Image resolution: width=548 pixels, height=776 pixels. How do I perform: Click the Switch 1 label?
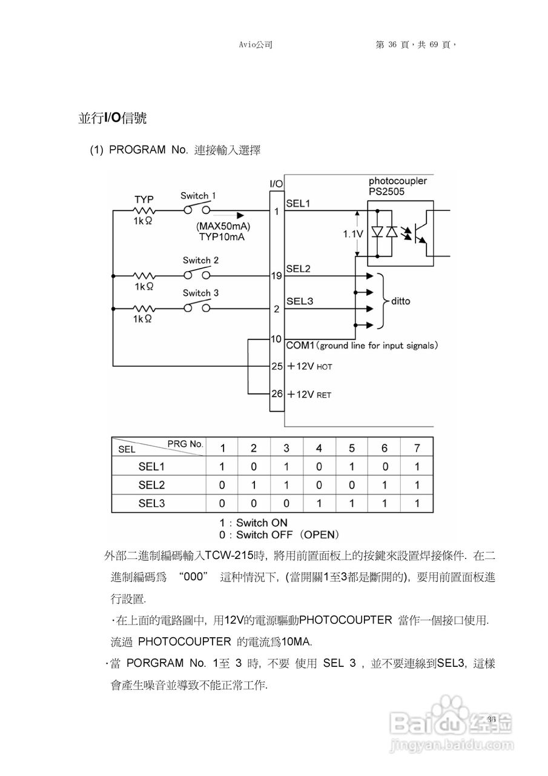pyautogui.click(x=198, y=196)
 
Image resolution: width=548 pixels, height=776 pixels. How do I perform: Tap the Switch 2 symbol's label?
pyautogui.click(x=200, y=260)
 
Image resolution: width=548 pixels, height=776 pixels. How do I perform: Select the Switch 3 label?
pyautogui.click(x=200, y=293)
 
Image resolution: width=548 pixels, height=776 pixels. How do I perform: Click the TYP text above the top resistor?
pyautogui.click(x=144, y=199)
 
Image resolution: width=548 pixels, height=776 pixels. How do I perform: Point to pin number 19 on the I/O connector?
pyautogui.click(x=276, y=276)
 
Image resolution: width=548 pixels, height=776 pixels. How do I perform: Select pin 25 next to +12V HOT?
pyautogui.click(x=277, y=366)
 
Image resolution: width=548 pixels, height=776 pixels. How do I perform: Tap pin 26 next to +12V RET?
pyautogui.click(x=277, y=393)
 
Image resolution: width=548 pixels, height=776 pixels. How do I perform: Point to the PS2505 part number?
pyautogui.click(x=386, y=192)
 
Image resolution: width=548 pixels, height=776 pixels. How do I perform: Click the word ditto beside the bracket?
pyautogui.click(x=400, y=301)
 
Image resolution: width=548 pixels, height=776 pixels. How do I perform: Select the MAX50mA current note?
pyautogui.click(x=223, y=226)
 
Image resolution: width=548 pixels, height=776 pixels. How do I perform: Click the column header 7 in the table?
pyautogui.click(x=417, y=448)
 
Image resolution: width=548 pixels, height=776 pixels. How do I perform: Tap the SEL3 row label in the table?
pyautogui.click(x=151, y=503)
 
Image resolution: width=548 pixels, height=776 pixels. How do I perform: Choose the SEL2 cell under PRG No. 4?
pyautogui.click(x=319, y=485)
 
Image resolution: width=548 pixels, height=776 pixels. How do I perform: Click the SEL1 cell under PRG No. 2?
pyautogui.click(x=254, y=467)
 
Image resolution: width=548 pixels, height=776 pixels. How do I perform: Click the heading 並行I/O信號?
pyautogui.click(x=112, y=118)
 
